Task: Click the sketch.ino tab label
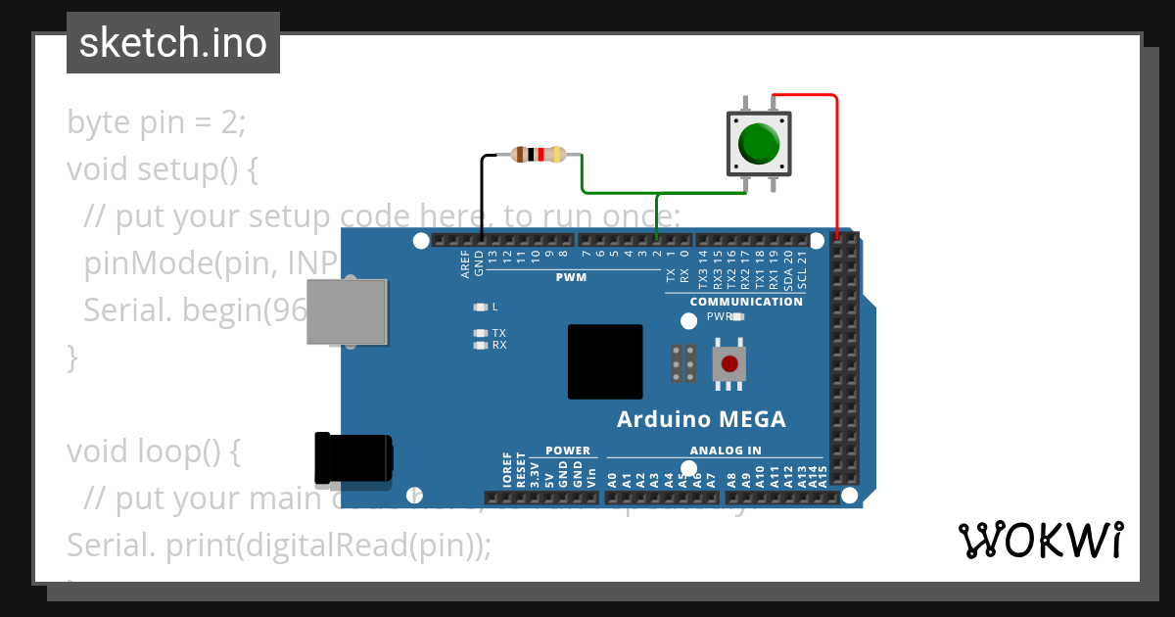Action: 173,43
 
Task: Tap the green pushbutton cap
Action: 759,143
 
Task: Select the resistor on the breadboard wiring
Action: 538,154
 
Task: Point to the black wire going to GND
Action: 482,196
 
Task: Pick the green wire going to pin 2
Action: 617,191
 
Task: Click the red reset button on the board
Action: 729,364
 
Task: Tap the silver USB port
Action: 347,310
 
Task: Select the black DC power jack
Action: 353,457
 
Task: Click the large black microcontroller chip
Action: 605,361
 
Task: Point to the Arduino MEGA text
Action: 701,420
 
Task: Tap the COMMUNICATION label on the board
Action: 746,302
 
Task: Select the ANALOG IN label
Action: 726,451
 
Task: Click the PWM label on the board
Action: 571,277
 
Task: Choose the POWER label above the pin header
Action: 568,451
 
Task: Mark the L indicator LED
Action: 480,307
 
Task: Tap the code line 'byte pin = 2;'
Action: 157,122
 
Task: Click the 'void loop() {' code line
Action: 153,451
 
